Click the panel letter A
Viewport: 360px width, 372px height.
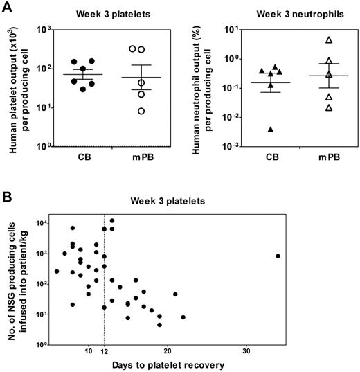click(x=8, y=7)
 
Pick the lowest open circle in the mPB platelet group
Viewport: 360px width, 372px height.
click(x=141, y=111)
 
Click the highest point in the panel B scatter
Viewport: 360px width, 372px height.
click(x=111, y=221)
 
